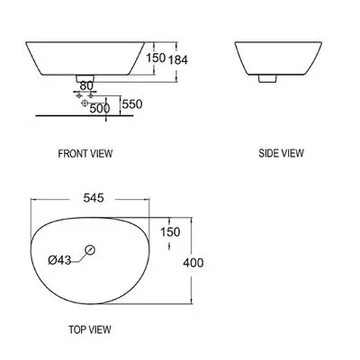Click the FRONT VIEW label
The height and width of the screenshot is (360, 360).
pos(85,154)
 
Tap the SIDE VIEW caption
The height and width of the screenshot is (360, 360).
pos(281,153)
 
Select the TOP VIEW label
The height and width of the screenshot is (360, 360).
pos(90,329)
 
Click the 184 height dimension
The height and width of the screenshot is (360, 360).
pos(178,60)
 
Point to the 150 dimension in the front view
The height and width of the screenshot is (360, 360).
pos(156,58)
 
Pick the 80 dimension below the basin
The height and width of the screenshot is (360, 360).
pos(86,85)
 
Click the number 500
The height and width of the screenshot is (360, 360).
pos(100,108)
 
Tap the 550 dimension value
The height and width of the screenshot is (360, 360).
pos(132,104)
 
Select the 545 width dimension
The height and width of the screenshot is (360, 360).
pos(94,198)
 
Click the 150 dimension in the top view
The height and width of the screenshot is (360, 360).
pos(170,232)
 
